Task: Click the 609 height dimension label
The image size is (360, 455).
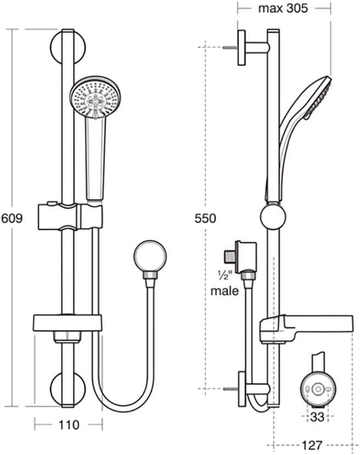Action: tap(12, 218)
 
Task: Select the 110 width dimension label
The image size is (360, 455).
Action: tap(69, 425)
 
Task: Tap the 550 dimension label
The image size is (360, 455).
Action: tap(205, 218)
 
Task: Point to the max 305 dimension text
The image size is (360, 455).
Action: tap(283, 8)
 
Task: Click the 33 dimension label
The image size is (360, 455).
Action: tap(317, 417)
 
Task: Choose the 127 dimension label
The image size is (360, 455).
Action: tap(312, 445)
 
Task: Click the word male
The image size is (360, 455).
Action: tap(224, 291)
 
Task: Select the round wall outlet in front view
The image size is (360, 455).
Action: tap(150, 257)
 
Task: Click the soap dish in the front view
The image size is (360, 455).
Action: tap(67, 323)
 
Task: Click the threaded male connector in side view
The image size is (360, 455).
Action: tap(229, 256)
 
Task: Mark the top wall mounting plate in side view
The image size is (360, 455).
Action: tap(242, 48)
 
